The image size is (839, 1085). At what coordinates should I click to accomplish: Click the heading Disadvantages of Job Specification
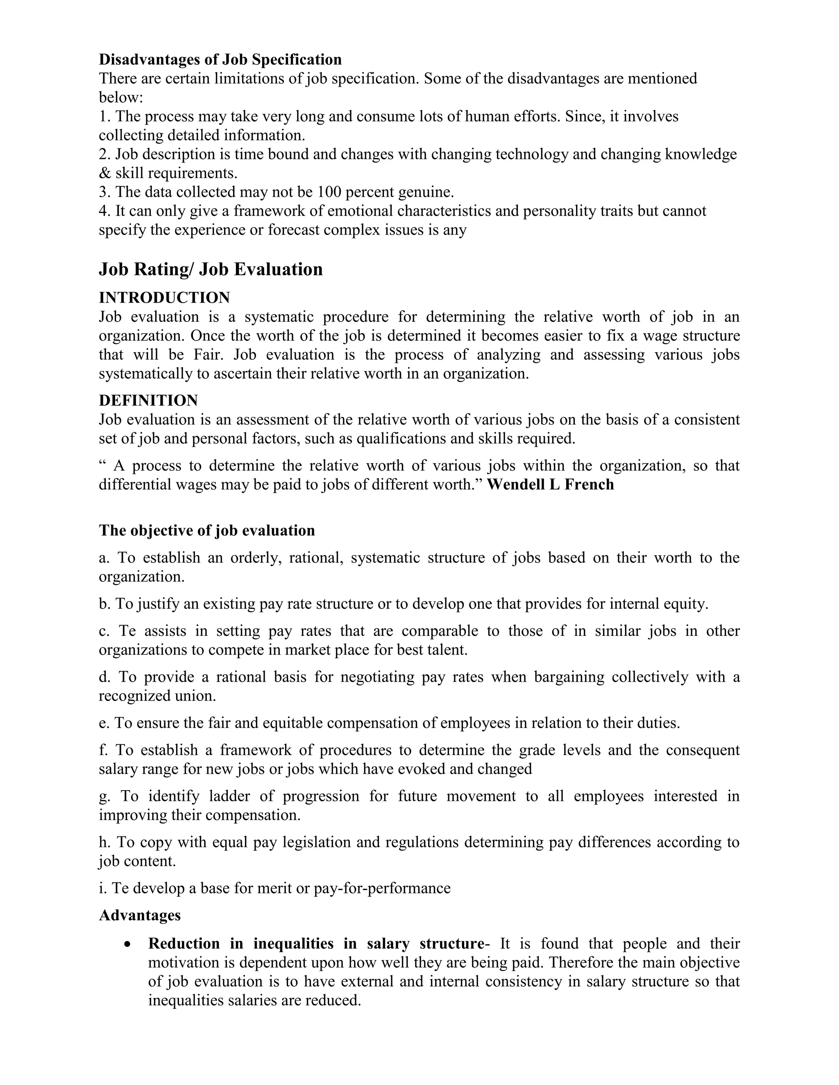click(x=220, y=60)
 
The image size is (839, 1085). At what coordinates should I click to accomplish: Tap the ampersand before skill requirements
click(x=105, y=173)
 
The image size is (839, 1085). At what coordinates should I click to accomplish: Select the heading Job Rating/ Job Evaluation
click(x=211, y=269)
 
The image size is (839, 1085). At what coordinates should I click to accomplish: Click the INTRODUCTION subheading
click(x=165, y=298)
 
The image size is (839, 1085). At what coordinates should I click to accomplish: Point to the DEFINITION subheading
click(x=148, y=400)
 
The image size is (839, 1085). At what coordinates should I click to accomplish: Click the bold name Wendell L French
click(x=550, y=484)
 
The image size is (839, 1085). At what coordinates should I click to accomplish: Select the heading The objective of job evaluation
click(x=207, y=531)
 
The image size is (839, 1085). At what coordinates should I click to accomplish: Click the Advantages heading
click(x=140, y=915)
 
